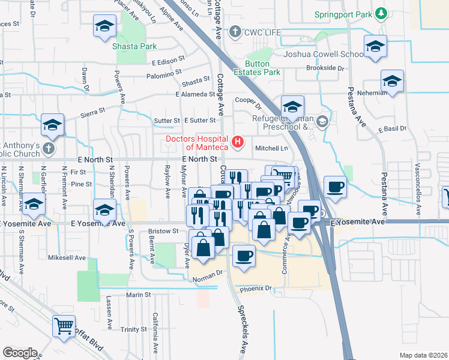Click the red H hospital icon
238,142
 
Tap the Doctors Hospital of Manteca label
197,143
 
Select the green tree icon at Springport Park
379,13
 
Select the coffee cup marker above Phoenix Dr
243,256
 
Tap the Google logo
20,352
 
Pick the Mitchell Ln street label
272,148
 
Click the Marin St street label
138,295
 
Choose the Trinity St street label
133,329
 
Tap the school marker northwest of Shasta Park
104,28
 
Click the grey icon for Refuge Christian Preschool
322,122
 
